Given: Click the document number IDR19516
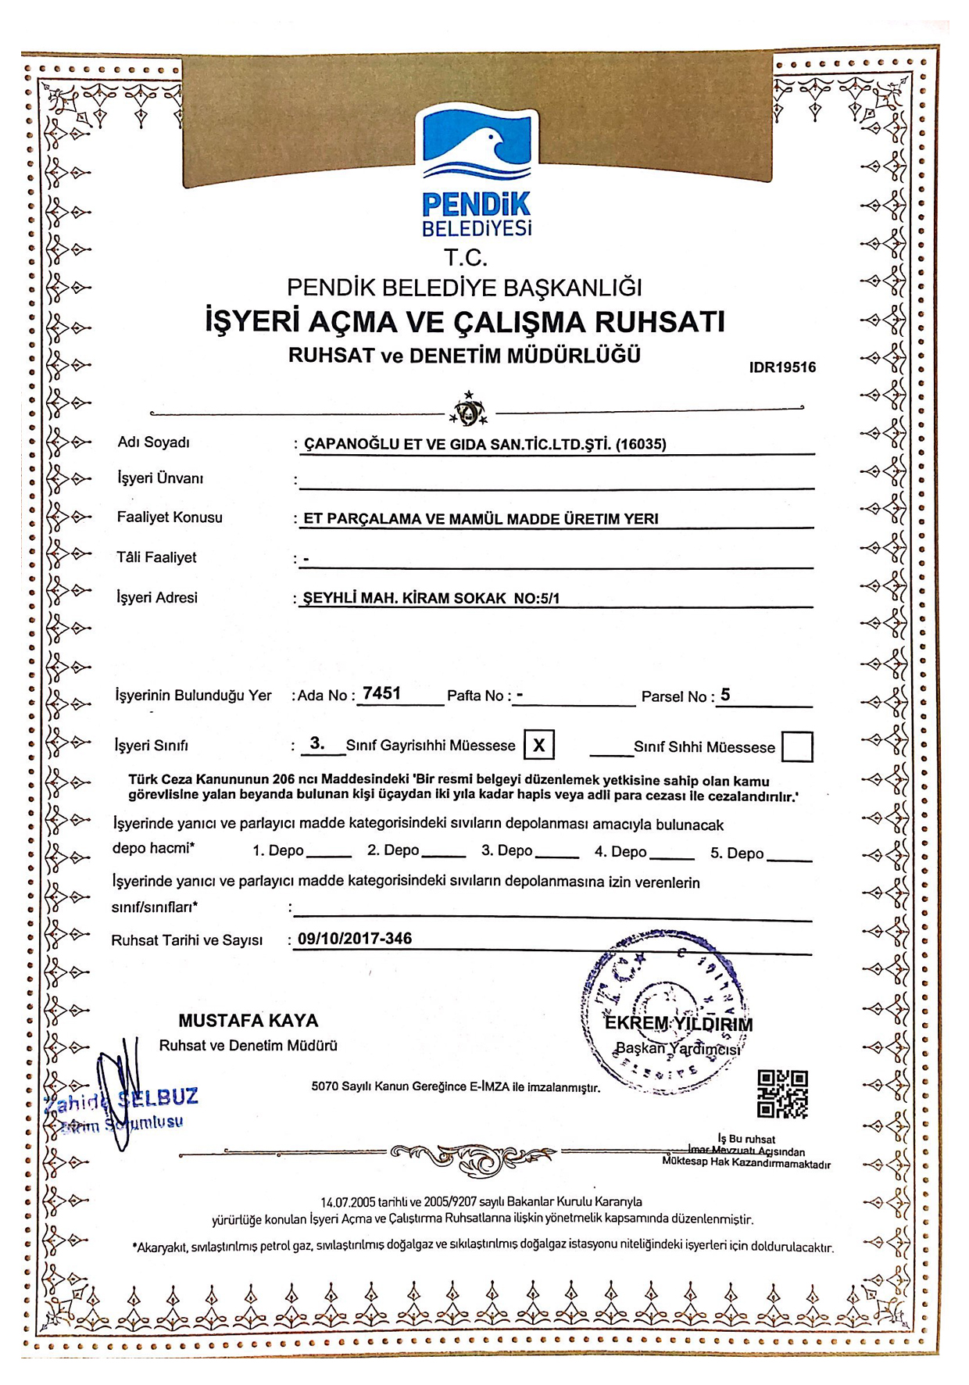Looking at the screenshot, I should (782, 367).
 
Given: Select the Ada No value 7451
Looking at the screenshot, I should (382, 693).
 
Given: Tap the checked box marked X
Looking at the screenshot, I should (539, 745).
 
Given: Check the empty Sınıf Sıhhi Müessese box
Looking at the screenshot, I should (797, 746).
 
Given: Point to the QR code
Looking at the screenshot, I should (783, 1093).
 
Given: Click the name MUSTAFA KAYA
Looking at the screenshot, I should (249, 1021).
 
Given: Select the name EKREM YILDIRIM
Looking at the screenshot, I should (679, 1024).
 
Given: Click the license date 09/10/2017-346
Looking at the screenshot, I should (355, 939).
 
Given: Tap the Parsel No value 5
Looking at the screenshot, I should (725, 694).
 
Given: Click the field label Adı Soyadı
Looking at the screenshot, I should (154, 442).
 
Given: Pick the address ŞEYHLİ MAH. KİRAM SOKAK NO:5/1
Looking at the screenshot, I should (431, 599).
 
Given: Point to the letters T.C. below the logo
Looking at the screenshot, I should (466, 257).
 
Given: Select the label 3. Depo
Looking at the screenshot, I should (506, 851).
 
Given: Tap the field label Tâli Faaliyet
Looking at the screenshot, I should (156, 557).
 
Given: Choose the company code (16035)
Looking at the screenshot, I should (641, 444).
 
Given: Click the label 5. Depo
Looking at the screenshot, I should (737, 853).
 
